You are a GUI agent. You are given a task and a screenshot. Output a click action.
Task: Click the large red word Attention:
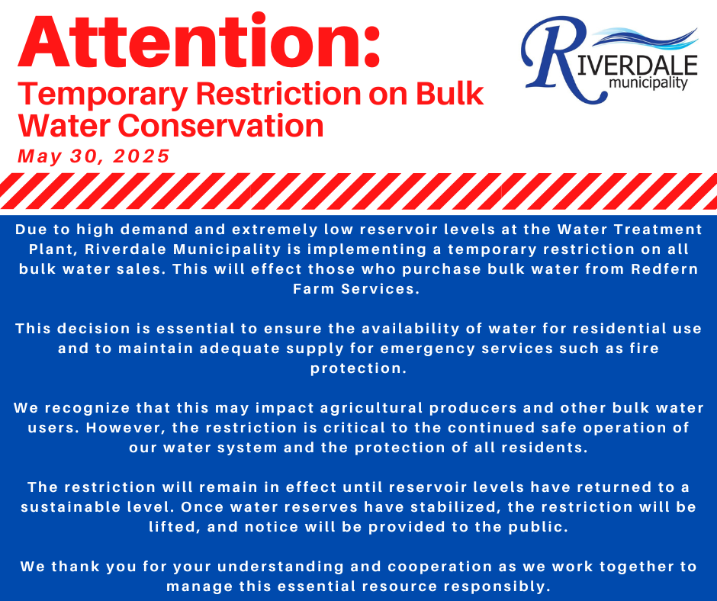tap(199, 42)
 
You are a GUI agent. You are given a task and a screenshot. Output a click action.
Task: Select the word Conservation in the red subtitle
tap(220, 125)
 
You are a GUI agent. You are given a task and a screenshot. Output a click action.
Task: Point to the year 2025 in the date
tap(141, 156)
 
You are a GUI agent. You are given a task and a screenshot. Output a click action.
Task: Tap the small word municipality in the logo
tap(649, 83)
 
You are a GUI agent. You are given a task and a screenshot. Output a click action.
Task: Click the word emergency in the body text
tap(428, 349)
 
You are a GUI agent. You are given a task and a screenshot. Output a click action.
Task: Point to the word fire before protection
tap(644, 348)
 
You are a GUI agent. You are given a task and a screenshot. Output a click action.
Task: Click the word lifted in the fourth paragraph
tap(175, 527)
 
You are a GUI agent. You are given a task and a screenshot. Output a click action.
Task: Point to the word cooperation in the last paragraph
tap(440, 567)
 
